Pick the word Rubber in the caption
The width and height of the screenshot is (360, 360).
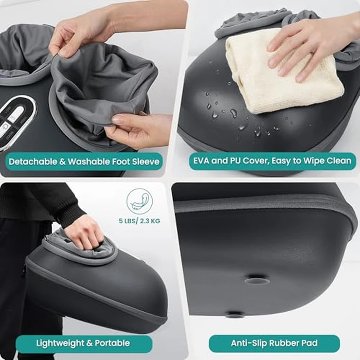[x=285, y=343]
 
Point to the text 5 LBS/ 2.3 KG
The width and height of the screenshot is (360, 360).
[x=139, y=221]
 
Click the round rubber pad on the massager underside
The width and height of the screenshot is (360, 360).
[x=257, y=281]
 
